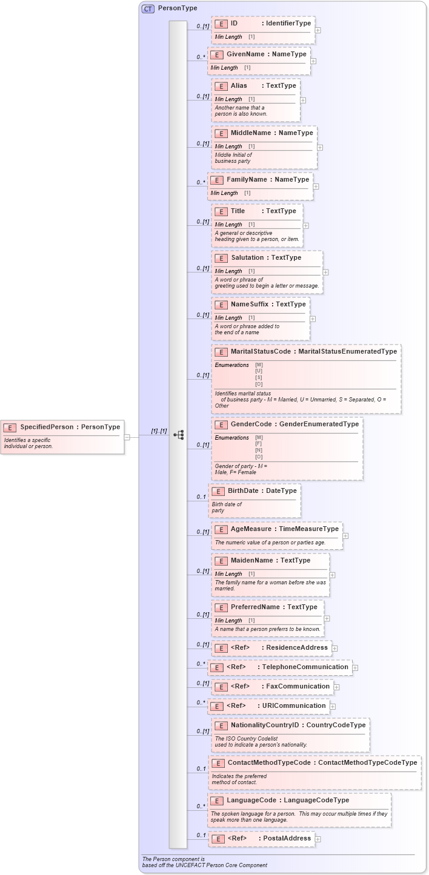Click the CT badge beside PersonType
click(x=148, y=8)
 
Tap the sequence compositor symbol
click(x=179, y=435)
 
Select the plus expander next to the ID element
click(x=318, y=30)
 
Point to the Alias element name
click(x=239, y=86)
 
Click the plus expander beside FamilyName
click(x=316, y=187)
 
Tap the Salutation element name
click(x=247, y=258)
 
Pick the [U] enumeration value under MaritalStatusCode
click(x=259, y=371)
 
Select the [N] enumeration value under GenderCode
click(x=259, y=450)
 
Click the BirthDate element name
click(x=243, y=490)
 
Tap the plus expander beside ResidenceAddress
click(x=334, y=649)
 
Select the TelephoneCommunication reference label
click(x=305, y=667)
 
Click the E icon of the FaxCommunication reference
click(x=221, y=687)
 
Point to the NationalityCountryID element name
click(x=265, y=725)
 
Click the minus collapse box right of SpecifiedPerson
click(x=127, y=437)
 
